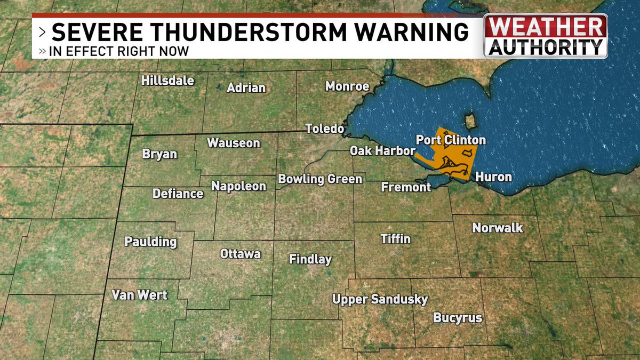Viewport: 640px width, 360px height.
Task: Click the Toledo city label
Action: click(x=324, y=129)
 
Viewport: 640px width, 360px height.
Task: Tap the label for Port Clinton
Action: click(x=451, y=140)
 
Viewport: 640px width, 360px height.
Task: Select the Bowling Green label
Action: click(x=320, y=179)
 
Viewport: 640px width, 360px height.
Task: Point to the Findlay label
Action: click(x=310, y=260)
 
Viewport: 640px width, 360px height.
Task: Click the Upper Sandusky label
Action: click(x=380, y=299)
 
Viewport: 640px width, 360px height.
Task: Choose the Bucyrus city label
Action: click(x=458, y=318)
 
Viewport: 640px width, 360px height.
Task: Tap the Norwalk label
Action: click(x=498, y=228)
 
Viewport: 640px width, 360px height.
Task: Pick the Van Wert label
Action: click(x=140, y=295)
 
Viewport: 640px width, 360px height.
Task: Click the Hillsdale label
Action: click(x=167, y=81)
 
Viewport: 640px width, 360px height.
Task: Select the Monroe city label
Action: click(x=347, y=86)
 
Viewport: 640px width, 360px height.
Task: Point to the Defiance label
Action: click(x=178, y=194)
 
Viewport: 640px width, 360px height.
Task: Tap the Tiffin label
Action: click(x=396, y=238)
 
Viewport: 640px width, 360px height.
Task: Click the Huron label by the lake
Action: click(x=493, y=177)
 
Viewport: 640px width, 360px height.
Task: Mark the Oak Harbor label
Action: click(x=382, y=151)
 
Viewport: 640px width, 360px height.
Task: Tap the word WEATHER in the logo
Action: click(x=546, y=27)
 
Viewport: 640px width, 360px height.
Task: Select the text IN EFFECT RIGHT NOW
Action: click(x=118, y=52)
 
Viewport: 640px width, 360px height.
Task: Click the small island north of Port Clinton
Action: click(x=470, y=121)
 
